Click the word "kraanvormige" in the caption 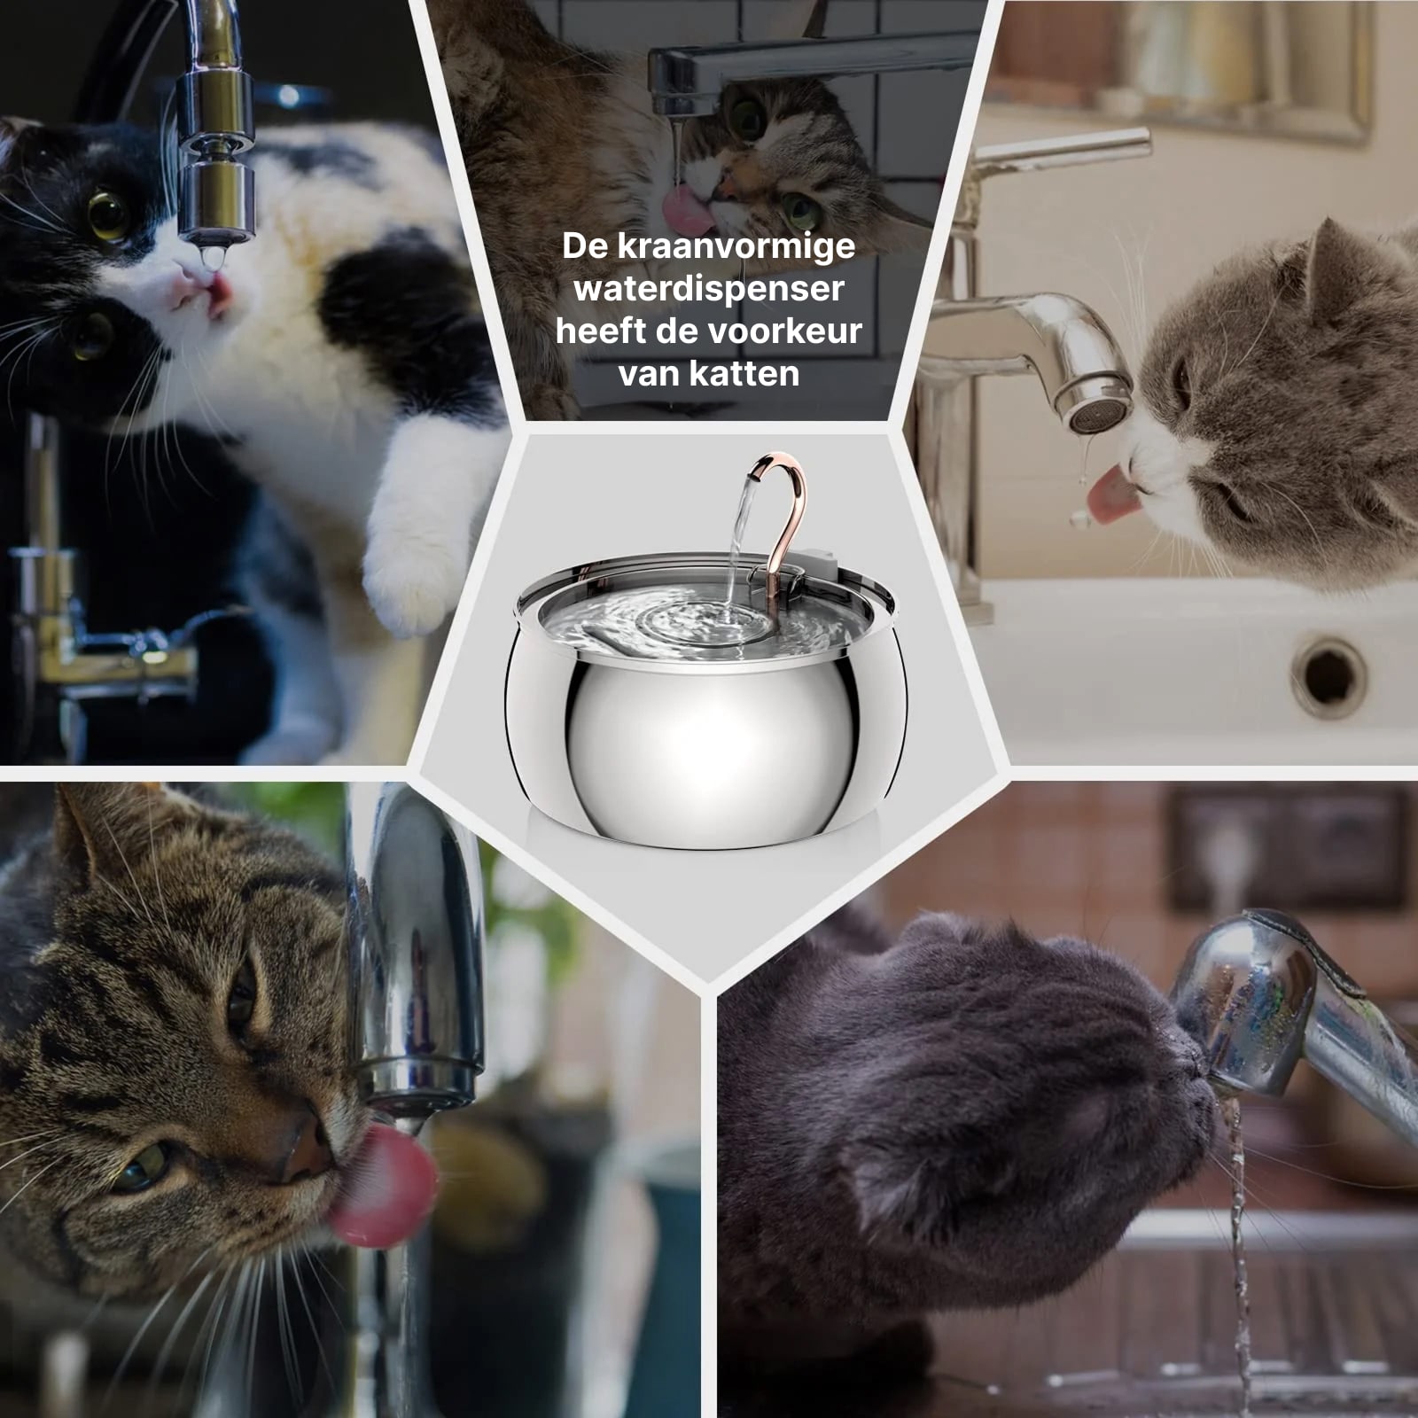(736, 246)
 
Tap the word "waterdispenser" (709, 288)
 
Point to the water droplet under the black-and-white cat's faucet (209, 257)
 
